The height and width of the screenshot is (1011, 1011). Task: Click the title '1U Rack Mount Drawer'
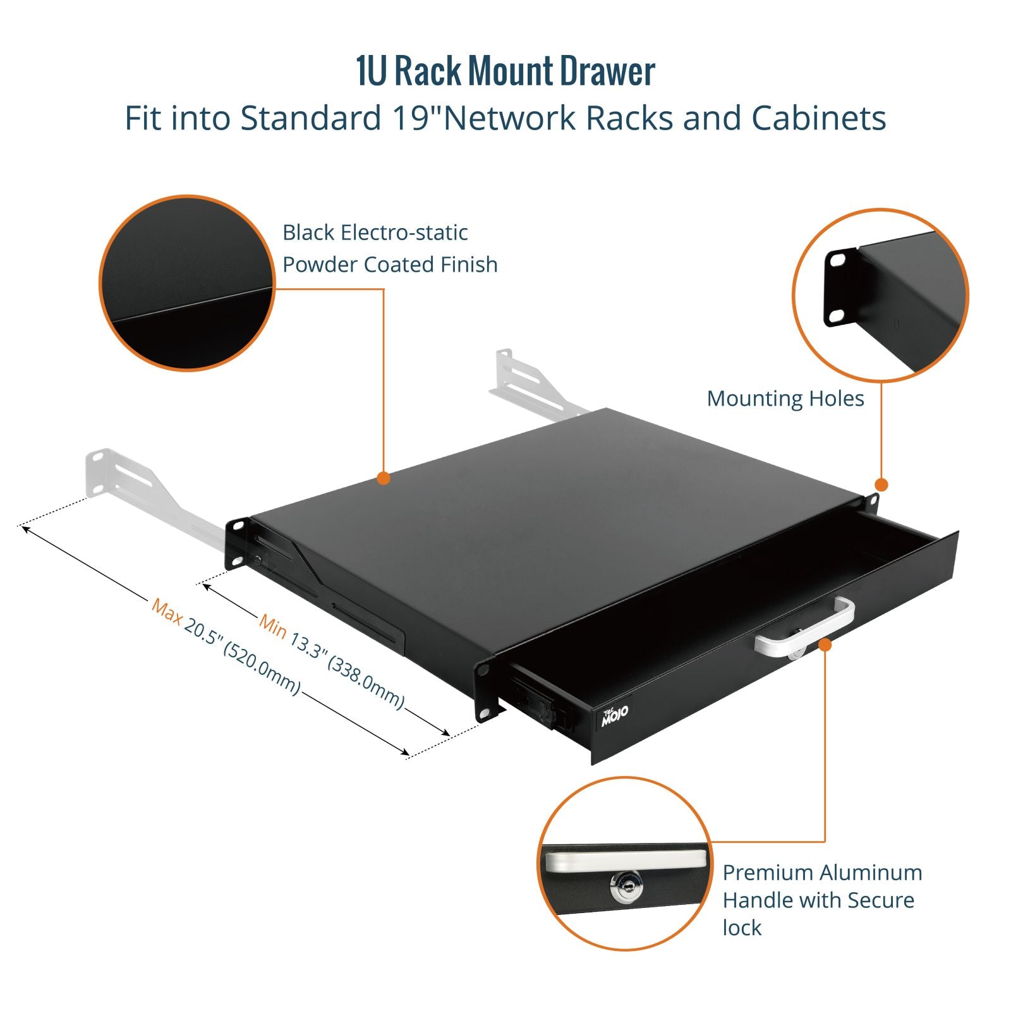pyautogui.click(x=505, y=71)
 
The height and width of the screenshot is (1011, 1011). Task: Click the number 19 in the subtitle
pyautogui.click(x=412, y=118)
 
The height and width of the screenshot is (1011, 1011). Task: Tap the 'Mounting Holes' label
pyautogui.click(x=785, y=399)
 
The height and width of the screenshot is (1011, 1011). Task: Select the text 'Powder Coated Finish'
pyautogui.click(x=390, y=264)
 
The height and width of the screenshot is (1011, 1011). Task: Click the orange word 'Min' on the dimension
pyautogui.click(x=273, y=626)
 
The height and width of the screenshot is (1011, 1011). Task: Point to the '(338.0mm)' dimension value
pyautogui.click(x=366, y=682)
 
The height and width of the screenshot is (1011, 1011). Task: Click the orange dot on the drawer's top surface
pyautogui.click(x=383, y=478)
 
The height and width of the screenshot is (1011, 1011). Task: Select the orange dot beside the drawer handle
pyautogui.click(x=825, y=644)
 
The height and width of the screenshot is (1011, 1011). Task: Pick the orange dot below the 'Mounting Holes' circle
pyautogui.click(x=881, y=485)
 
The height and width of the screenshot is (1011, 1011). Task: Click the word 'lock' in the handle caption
pyautogui.click(x=742, y=928)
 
